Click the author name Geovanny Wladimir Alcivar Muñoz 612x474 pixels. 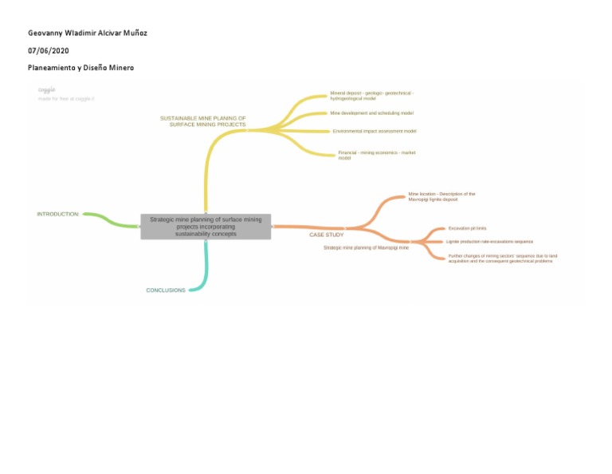click(x=88, y=33)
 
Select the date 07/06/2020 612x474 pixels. click(x=49, y=50)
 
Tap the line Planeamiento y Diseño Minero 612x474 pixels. click(x=80, y=68)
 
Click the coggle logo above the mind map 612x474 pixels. click(x=47, y=90)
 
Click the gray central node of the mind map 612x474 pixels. click(x=206, y=227)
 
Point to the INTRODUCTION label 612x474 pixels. click(x=58, y=214)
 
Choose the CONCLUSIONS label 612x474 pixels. click(x=166, y=290)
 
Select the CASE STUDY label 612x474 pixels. click(x=327, y=235)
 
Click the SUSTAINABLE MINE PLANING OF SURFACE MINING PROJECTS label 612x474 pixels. click(x=203, y=121)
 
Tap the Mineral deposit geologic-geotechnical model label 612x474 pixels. click(x=371, y=96)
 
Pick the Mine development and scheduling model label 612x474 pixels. click(x=371, y=113)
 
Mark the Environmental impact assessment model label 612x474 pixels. click(x=375, y=131)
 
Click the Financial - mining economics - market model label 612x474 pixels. click(x=376, y=155)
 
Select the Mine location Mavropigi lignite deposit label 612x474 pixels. click(x=441, y=196)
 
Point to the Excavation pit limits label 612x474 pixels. click(x=467, y=228)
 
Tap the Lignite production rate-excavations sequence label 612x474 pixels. click(x=489, y=241)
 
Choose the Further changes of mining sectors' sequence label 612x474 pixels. click(x=502, y=259)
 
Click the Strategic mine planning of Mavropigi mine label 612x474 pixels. click(x=366, y=248)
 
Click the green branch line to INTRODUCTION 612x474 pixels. click(x=112, y=220)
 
